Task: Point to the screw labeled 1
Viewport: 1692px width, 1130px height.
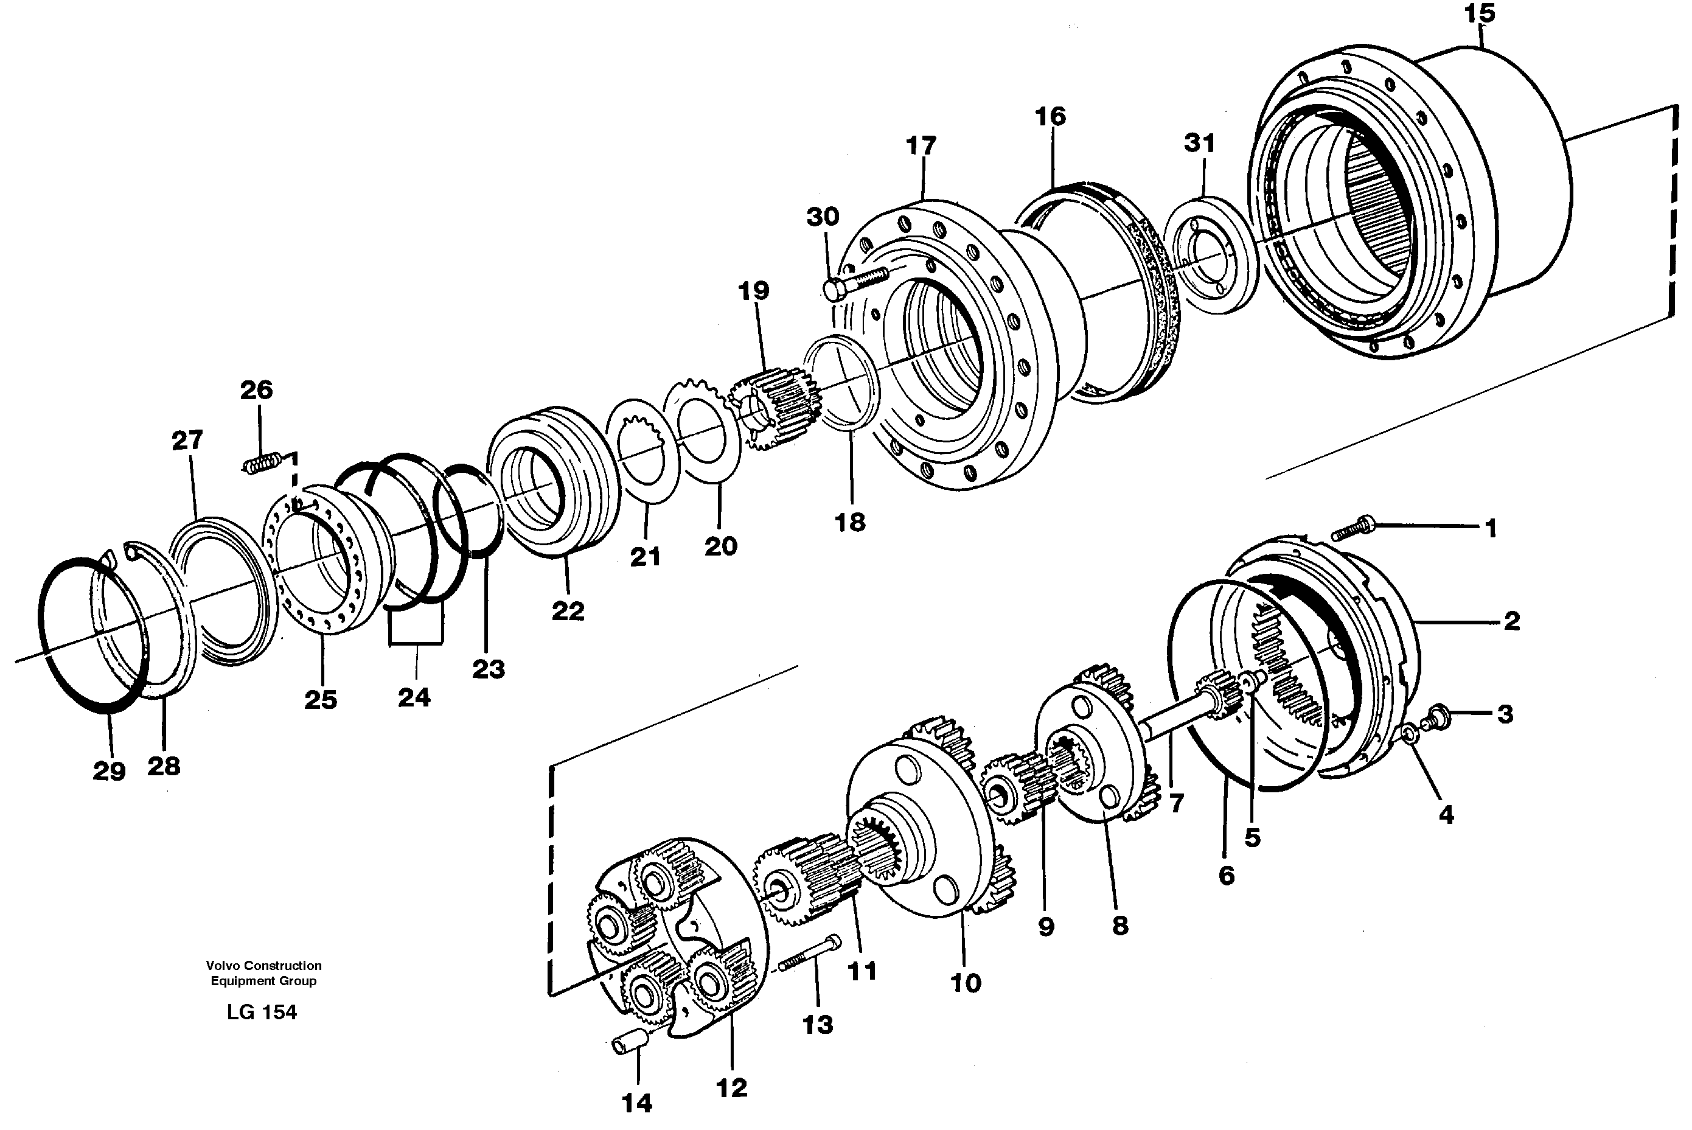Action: (1353, 528)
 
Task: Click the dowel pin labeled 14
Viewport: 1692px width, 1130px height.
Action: (626, 1044)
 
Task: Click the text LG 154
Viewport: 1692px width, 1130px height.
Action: (262, 1013)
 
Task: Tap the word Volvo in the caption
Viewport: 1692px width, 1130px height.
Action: (222, 966)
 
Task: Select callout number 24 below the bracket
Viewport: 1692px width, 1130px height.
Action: (414, 697)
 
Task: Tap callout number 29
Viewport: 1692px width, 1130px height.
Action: (109, 771)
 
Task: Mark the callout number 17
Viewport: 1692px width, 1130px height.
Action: (920, 145)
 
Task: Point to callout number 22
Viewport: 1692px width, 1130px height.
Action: (568, 610)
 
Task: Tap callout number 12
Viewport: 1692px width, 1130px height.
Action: (731, 1087)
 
